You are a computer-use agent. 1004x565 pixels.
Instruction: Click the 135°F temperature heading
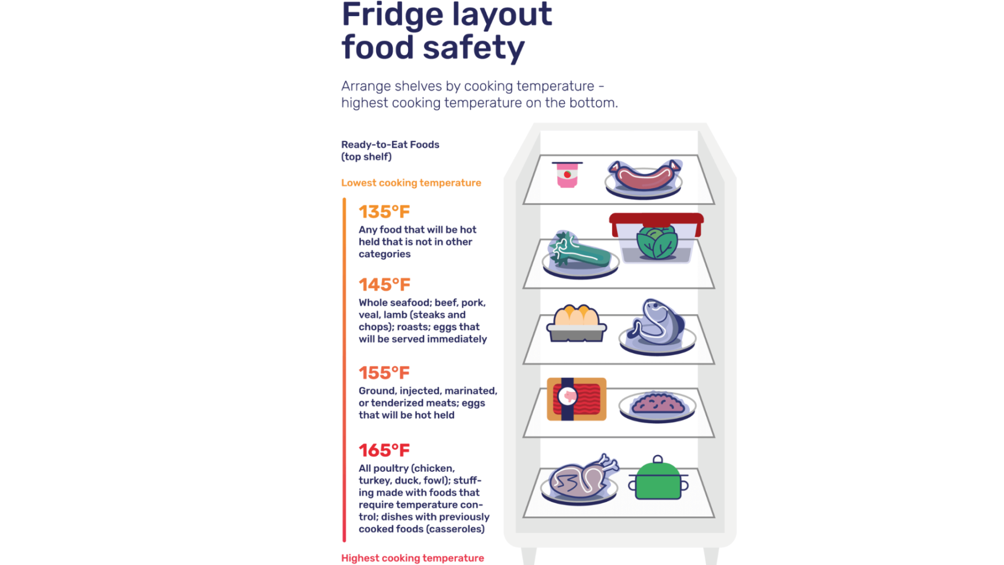(384, 212)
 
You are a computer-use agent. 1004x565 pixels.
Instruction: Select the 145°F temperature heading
(384, 285)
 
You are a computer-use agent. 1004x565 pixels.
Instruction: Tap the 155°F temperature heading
(384, 373)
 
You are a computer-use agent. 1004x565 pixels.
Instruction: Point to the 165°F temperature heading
(384, 450)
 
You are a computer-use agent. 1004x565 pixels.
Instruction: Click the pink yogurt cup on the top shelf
(567, 175)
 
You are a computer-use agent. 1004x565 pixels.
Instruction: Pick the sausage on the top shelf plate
(645, 176)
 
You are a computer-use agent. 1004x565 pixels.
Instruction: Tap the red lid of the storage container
(656, 219)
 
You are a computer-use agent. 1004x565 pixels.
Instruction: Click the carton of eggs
(576, 323)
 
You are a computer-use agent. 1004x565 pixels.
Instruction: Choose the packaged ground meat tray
(577, 399)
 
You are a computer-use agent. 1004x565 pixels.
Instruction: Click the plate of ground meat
(657, 405)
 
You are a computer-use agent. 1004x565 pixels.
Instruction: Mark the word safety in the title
(473, 48)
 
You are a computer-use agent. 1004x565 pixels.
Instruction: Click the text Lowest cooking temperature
(411, 183)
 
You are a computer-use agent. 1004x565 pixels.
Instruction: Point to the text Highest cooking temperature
(413, 558)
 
